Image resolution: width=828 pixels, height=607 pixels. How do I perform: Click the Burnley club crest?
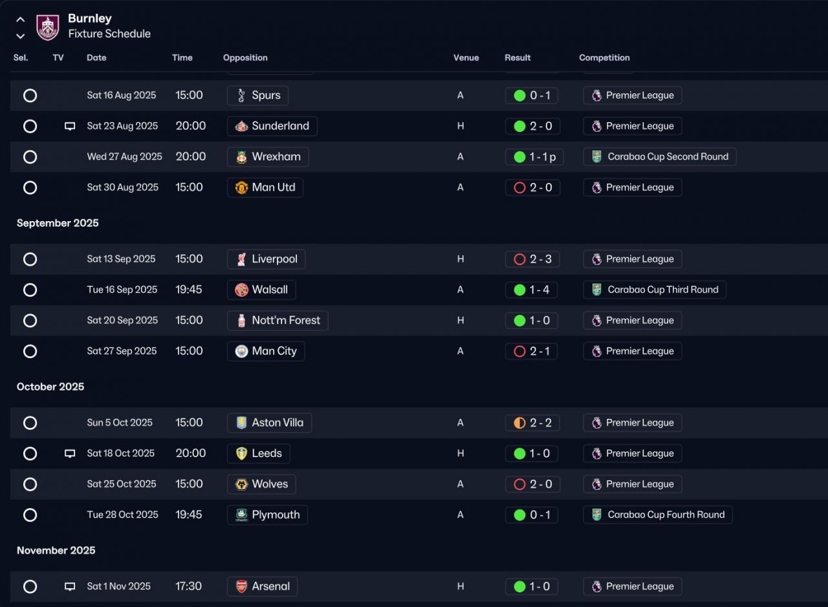coord(48,27)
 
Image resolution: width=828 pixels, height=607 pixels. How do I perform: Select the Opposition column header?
coord(245,58)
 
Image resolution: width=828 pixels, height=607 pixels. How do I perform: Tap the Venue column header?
coord(466,58)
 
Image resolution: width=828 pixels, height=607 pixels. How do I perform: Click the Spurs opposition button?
coord(257,95)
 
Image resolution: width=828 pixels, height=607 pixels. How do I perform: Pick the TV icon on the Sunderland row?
coord(70,126)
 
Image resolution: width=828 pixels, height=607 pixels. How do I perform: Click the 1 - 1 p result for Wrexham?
coord(534,157)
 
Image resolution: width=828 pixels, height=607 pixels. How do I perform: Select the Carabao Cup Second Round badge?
coord(659,156)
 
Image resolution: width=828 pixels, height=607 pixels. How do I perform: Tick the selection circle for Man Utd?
coord(30,187)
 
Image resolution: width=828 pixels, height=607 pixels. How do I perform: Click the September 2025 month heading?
coord(58,223)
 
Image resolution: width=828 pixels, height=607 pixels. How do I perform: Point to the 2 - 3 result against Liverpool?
coord(532,259)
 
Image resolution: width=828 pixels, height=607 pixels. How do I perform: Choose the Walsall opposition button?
coord(261,290)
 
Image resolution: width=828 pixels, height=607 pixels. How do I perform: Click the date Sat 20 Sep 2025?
coord(122,321)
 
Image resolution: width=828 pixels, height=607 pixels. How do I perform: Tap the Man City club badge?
coord(241,352)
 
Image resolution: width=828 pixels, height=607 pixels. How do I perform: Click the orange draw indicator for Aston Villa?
coord(519,423)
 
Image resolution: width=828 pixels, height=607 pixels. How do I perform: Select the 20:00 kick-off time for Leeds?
coord(191,453)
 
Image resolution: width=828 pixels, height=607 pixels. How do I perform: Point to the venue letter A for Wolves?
coord(460,484)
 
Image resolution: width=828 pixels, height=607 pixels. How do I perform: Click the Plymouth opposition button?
coord(267,515)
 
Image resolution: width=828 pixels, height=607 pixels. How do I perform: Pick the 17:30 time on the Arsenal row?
coord(188,586)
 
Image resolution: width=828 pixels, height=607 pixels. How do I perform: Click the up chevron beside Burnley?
coord(20,19)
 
